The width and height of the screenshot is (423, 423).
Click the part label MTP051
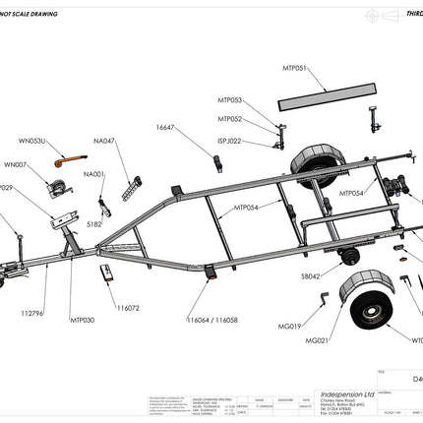click(x=295, y=69)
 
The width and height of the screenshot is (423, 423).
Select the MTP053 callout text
click(x=229, y=100)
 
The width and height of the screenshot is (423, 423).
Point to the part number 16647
click(x=164, y=127)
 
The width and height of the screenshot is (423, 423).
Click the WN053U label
click(x=32, y=141)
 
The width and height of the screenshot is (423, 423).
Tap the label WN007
click(x=16, y=164)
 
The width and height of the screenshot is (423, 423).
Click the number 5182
click(x=94, y=224)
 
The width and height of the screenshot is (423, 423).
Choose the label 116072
click(x=128, y=308)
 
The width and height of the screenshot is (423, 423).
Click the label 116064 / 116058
click(x=211, y=320)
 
